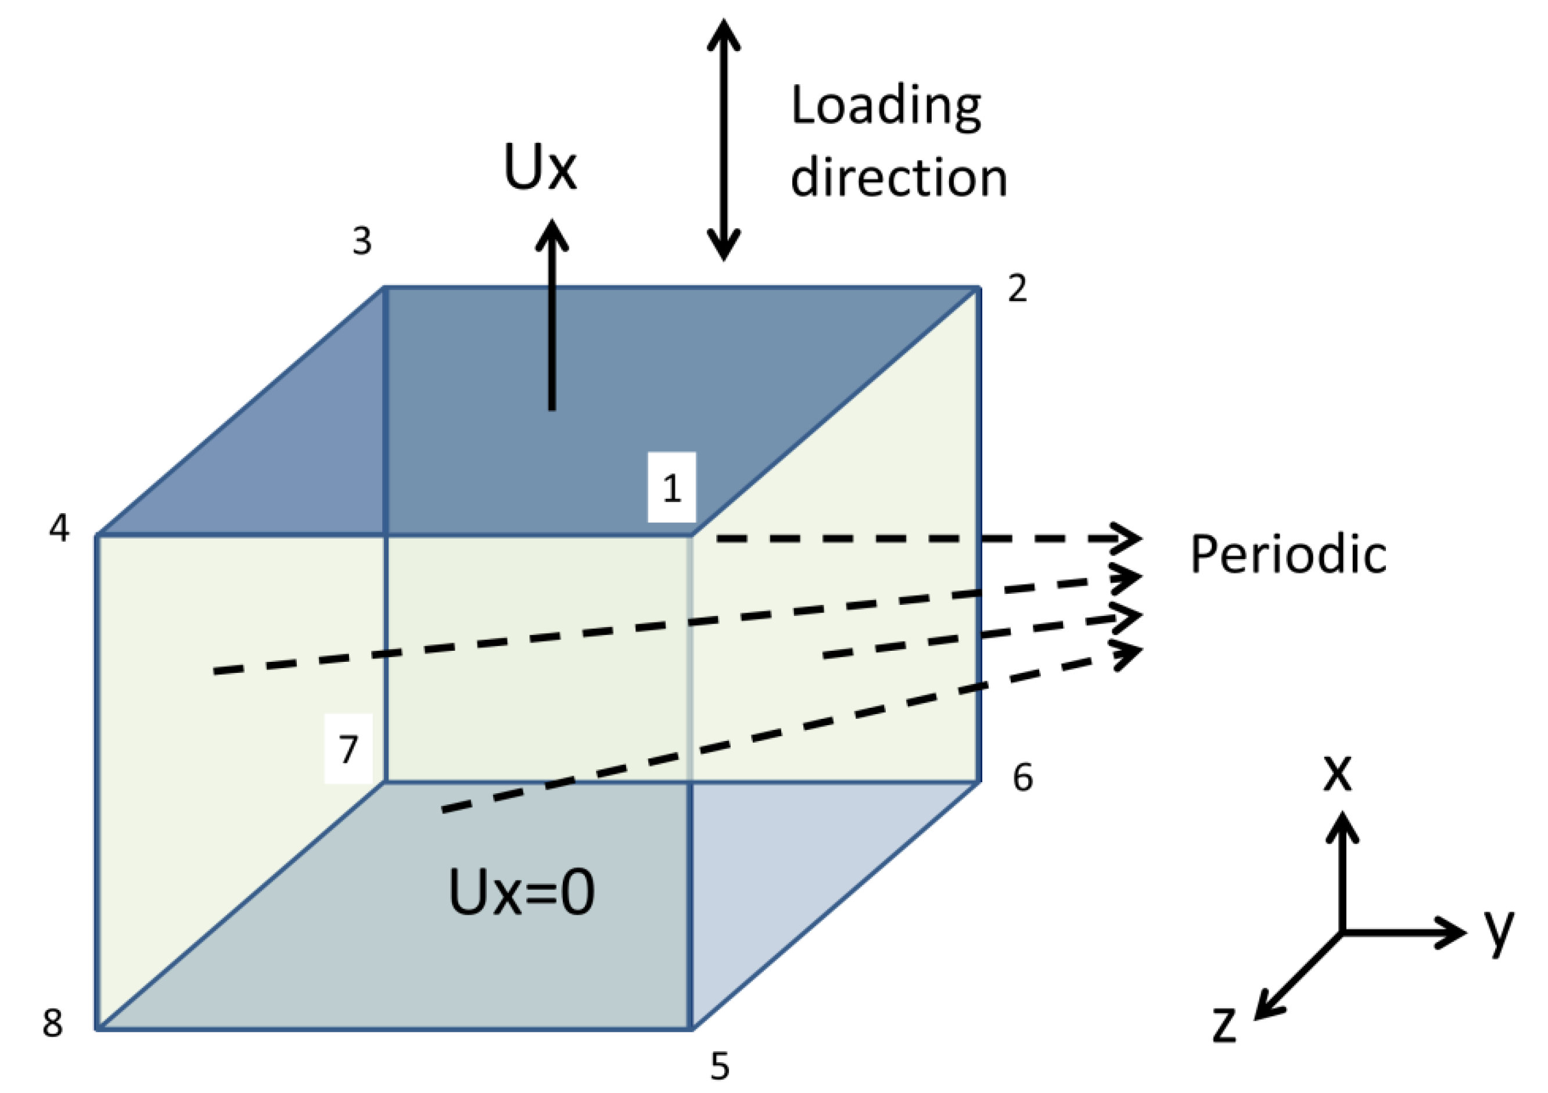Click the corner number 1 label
[x=671, y=488]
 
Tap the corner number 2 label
[x=1017, y=289]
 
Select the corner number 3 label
[x=362, y=241]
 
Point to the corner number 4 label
[x=59, y=528]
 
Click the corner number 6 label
[x=1023, y=777]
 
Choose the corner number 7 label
[x=348, y=749]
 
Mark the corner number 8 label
[x=53, y=1022]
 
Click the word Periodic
[x=1288, y=555]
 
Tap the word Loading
[x=886, y=106]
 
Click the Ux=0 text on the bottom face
[x=521, y=892]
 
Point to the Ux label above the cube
[x=540, y=167]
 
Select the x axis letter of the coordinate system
[x=1337, y=773]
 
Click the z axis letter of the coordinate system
[x=1224, y=1026]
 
